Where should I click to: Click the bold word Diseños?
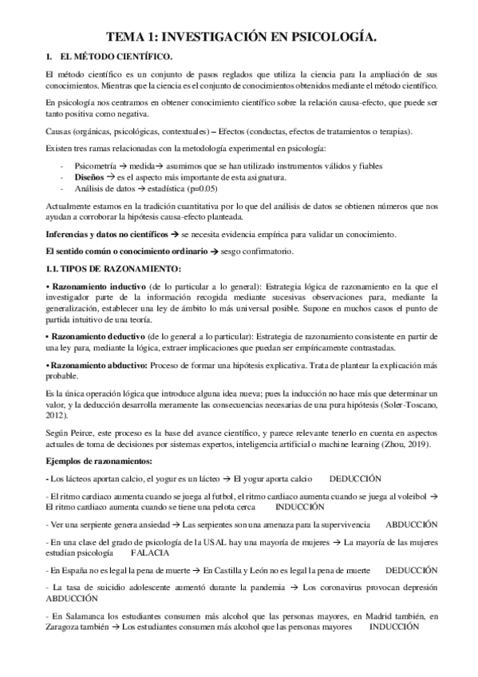[89, 177]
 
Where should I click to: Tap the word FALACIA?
[148, 552]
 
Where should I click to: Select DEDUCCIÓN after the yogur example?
[355, 478]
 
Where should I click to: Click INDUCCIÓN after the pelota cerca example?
[302, 507]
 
